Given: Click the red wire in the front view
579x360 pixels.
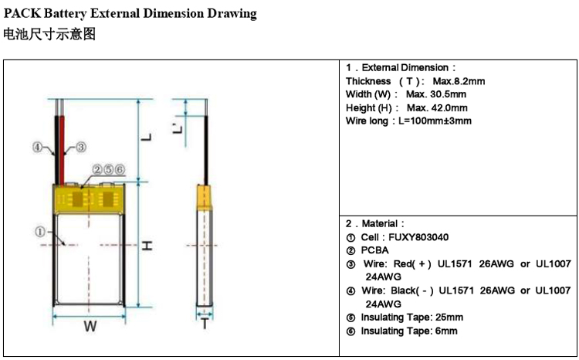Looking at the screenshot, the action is pos(62,150).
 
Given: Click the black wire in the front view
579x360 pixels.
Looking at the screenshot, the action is pos(57,150).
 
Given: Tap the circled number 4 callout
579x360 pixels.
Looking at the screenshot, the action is pos(37,147).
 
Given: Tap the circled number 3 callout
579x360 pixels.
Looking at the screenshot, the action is pos(81,147).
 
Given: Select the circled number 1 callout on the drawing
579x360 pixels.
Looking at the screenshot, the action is pos(40,232).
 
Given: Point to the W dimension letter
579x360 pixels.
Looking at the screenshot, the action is pos(90,326).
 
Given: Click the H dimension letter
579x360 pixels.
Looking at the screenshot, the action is pos(147,246).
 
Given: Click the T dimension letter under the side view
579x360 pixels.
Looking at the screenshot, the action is pos(205,324).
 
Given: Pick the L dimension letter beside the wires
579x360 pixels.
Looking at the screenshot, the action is pos(147,138).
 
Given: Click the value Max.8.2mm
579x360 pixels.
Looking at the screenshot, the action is pos(459,81).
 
